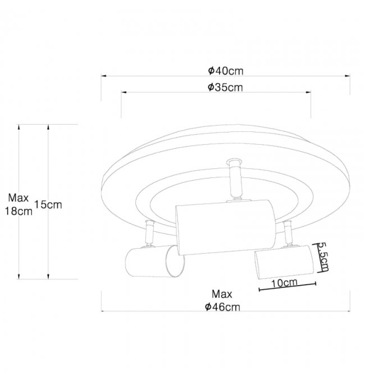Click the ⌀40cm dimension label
(x=226, y=71)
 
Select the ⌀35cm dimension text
(x=225, y=87)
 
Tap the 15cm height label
(x=48, y=205)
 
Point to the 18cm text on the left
(x=19, y=211)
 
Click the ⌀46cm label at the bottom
(x=222, y=307)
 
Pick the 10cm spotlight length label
(x=284, y=283)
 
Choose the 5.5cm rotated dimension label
(x=323, y=257)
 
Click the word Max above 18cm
(x=19, y=198)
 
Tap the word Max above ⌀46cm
(x=222, y=294)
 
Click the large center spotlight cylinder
(x=226, y=227)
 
